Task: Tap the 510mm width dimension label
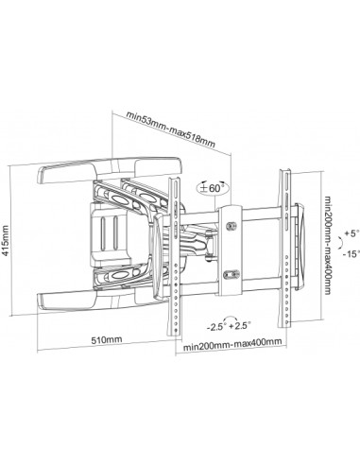[x=107, y=339]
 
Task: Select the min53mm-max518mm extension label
[x=171, y=129]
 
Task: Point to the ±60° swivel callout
[x=214, y=188]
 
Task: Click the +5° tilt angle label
[x=351, y=233]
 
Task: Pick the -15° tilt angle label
[x=351, y=254]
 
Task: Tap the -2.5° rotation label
[x=215, y=327]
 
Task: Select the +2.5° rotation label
[x=240, y=325]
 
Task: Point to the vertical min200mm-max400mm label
[x=328, y=245]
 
